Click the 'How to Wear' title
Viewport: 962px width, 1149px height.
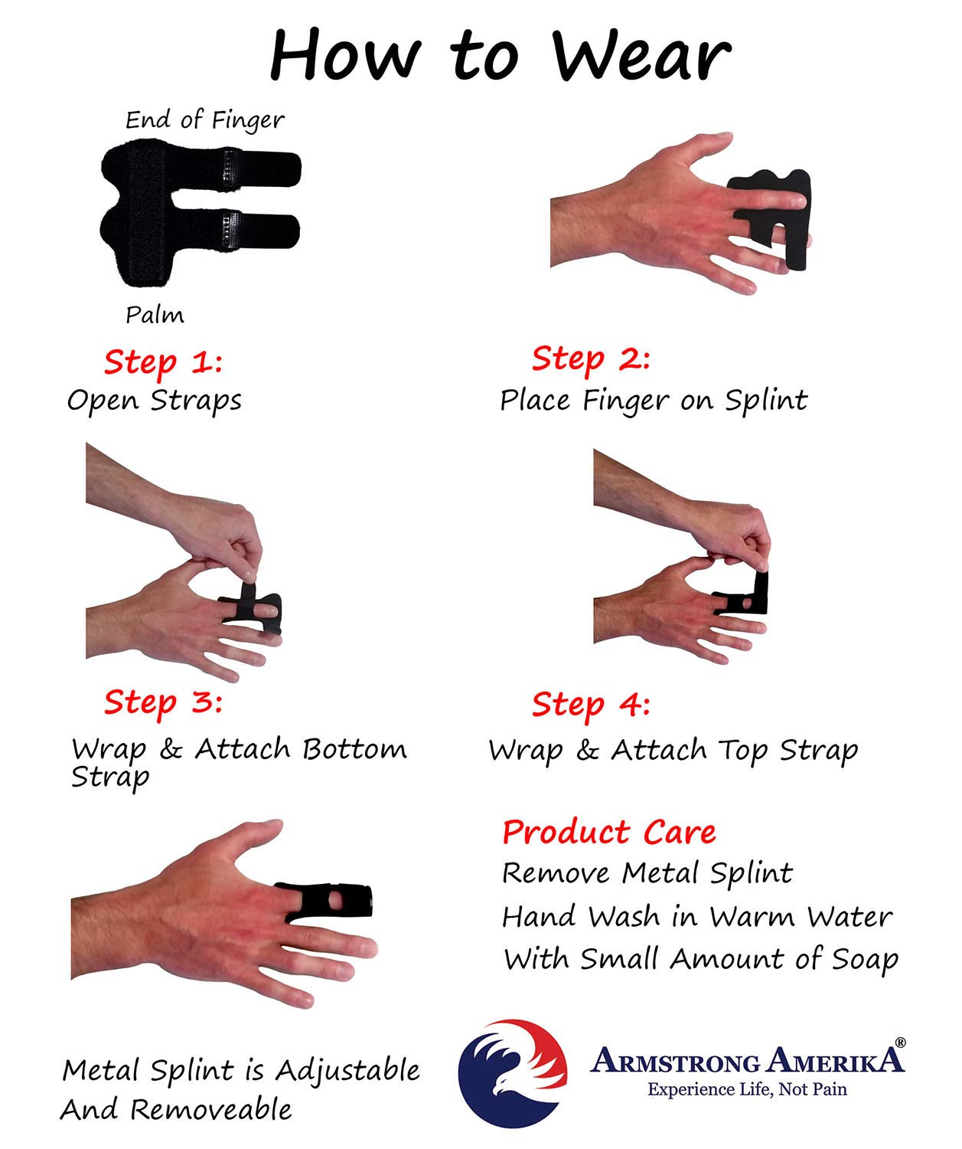click(x=501, y=55)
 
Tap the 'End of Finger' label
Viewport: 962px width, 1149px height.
click(x=204, y=120)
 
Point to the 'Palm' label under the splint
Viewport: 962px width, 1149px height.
click(x=155, y=315)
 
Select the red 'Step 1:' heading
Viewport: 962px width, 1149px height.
click(x=163, y=362)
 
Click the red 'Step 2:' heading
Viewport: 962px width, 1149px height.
click(x=591, y=359)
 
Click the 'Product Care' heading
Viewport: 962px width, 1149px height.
click(x=609, y=832)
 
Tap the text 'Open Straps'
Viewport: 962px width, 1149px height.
click(x=154, y=401)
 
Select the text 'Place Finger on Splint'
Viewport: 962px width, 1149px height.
click(x=654, y=401)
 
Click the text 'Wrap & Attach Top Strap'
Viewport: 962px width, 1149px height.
click(x=673, y=750)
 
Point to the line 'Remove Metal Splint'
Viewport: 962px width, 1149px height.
click(x=647, y=873)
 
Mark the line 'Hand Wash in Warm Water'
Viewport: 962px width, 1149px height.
click(x=696, y=917)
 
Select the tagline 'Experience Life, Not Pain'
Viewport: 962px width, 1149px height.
click(x=747, y=1089)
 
